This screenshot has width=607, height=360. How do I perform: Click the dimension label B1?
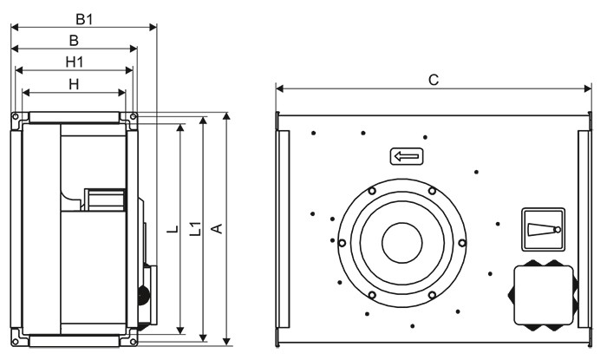(x=84, y=19)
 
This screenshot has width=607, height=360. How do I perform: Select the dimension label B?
(x=74, y=41)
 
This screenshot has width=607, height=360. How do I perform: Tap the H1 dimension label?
(x=75, y=62)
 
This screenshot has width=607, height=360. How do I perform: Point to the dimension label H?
(x=74, y=84)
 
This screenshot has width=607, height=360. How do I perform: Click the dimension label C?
(x=434, y=80)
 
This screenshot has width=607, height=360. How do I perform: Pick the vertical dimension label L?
(x=173, y=229)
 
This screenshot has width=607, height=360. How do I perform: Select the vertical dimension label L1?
(x=196, y=228)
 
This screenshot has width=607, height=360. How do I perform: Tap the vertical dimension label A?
(x=217, y=228)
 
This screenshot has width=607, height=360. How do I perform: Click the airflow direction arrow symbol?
(x=407, y=157)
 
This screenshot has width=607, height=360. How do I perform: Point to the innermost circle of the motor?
(x=402, y=243)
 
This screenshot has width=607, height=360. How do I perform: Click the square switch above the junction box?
(x=543, y=230)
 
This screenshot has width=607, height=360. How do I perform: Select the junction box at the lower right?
(x=543, y=295)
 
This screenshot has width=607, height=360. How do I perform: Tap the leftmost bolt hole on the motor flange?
(x=343, y=243)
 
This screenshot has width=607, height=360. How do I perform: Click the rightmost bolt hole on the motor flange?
(x=462, y=243)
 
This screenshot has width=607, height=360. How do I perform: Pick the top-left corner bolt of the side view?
(x=16, y=116)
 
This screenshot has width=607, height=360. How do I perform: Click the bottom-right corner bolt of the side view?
(x=133, y=342)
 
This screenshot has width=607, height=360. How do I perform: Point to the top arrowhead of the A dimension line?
(x=227, y=116)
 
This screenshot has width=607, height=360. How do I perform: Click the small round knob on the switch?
(x=558, y=230)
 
